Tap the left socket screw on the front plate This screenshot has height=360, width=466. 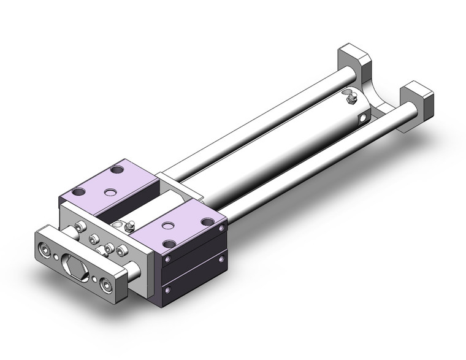[x=45, y=249]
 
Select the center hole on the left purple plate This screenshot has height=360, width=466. [x=110, y=193]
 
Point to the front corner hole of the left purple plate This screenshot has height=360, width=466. [x=78, y=192]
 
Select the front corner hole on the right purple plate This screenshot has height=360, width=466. [x=167, y=244]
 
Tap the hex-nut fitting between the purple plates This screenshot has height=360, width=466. [x=129, y=226]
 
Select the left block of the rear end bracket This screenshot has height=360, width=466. [x=353, y=59]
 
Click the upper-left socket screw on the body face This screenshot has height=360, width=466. [x=80, y=228]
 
